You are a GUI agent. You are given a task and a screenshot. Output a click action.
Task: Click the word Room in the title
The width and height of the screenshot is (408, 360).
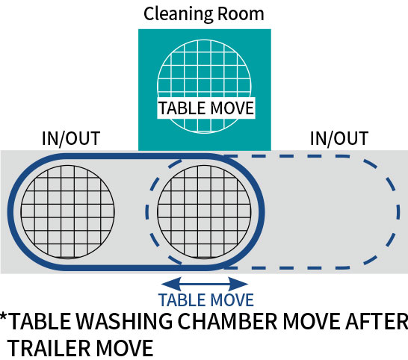click(x=241, y=13)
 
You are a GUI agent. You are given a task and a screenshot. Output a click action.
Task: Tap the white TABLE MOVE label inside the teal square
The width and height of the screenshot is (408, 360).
click(x=206, y=108)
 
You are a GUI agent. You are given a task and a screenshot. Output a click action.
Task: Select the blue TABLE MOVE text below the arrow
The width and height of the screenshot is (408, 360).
click(x=205, y=300)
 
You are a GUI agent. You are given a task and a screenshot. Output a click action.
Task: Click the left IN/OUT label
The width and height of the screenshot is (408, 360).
click(x=71, y=138)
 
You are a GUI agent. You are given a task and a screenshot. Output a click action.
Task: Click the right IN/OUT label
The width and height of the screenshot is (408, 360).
click(x=339, y=138)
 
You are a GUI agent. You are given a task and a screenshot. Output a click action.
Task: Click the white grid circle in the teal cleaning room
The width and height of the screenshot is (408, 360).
click(x=204, y=86)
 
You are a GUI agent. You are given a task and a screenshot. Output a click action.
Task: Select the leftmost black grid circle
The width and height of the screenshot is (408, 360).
click(x=68, y=212)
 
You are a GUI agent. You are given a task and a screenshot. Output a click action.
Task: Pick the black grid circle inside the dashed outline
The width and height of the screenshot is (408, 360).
click(x=204, y=212)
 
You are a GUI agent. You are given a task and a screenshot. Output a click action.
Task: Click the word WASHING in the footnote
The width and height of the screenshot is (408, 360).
click(x=124, y=321)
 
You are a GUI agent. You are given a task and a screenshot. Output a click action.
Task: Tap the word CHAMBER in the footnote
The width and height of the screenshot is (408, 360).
click(x=227, y=321)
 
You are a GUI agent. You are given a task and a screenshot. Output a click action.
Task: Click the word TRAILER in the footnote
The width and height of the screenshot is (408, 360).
click(x=49, y=348)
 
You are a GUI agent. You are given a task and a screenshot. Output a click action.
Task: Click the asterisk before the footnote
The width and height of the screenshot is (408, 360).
click(x=4, y=317)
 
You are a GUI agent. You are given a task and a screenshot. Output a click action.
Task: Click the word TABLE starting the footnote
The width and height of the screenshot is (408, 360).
click(x=40, y=321)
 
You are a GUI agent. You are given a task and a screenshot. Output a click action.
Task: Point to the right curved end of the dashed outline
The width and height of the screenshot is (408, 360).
click(x=398, y=212)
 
